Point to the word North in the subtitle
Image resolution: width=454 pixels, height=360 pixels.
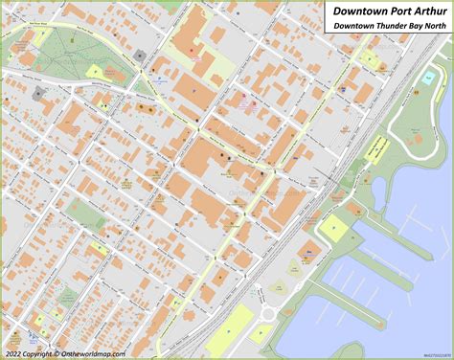[x=433, y=26]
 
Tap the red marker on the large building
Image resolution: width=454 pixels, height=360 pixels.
[x=191, y=51]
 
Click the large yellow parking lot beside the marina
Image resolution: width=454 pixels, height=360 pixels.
[x=333, y=227]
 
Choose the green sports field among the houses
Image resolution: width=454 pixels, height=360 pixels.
[x=86, y=214]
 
